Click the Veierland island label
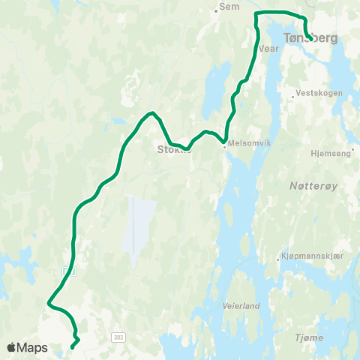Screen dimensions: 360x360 tap(241, 306)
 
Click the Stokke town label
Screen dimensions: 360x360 tap(174, 148)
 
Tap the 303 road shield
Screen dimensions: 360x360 tap(118, 338)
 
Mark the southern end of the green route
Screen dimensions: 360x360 tap(72, 346)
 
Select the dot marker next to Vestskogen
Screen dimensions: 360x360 tap(294, 95)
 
